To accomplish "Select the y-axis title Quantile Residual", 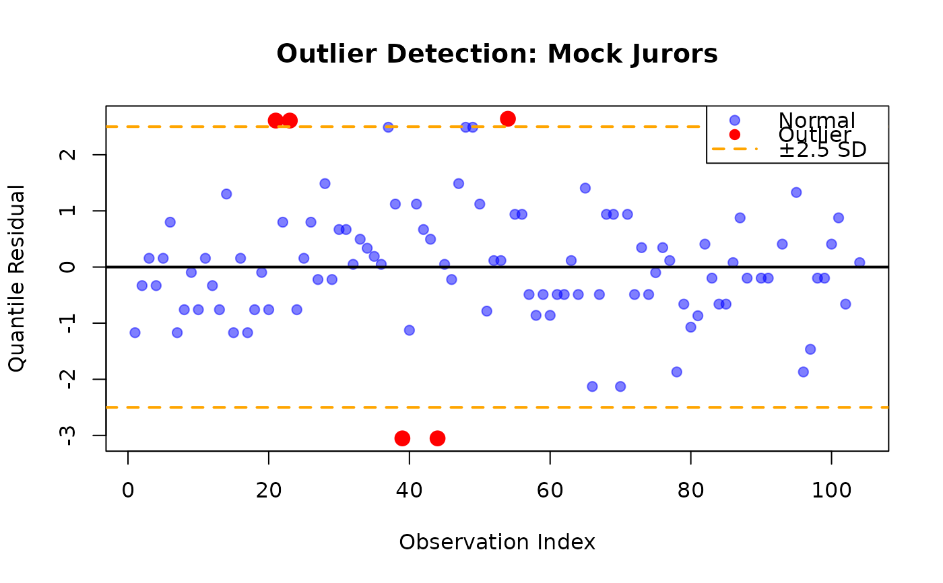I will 17,277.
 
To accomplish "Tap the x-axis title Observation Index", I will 497,542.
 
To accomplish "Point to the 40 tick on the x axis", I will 410,489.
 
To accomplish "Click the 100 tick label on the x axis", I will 831,489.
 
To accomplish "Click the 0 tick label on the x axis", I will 128,489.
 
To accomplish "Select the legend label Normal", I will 816,121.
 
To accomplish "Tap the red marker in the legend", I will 734,135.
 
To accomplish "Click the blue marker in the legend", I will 734,121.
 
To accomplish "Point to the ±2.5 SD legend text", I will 822,149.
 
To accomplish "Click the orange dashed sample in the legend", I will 734,149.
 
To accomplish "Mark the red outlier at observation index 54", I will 508,118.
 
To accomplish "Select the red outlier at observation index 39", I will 402,438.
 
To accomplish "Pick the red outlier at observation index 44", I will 437,438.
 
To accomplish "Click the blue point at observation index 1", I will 135,333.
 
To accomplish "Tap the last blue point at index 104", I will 859,263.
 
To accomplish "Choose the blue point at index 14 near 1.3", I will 226,194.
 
